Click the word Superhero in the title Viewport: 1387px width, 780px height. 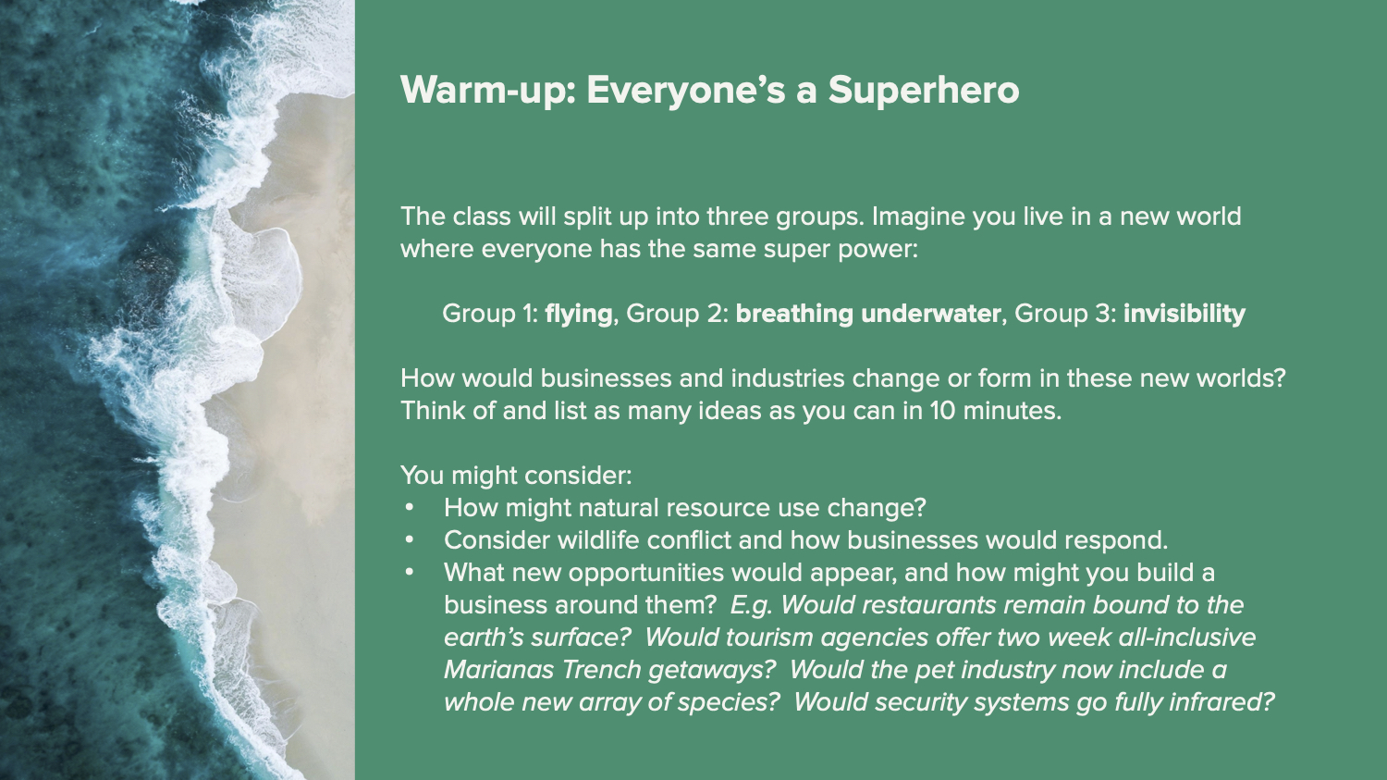pyautogui.click(x=923, y=91)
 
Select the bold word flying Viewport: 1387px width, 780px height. pyautogui.click(x=579, y=314)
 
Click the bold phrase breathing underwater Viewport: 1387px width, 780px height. pyautogui.click(x=868, y=314)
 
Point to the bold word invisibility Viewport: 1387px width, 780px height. pyautogui.click(x=1184, y=314)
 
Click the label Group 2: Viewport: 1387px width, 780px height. pyautogui.click(x=678, y=314)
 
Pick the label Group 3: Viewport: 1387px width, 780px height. pyautogui.click(x=1065, y=314)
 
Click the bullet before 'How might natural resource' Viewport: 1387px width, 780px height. pyautogui.click(x=409, y=508)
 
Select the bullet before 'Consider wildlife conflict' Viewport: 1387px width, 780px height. pyautogui.click(x=409, y=540)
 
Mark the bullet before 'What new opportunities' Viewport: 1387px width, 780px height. pyautogui.click(x=409, y=573)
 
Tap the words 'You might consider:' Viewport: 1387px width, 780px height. pyautogui.click(x=516, y=476)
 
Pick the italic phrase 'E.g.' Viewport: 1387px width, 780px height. pyautogui.click(x=752, y=606)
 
